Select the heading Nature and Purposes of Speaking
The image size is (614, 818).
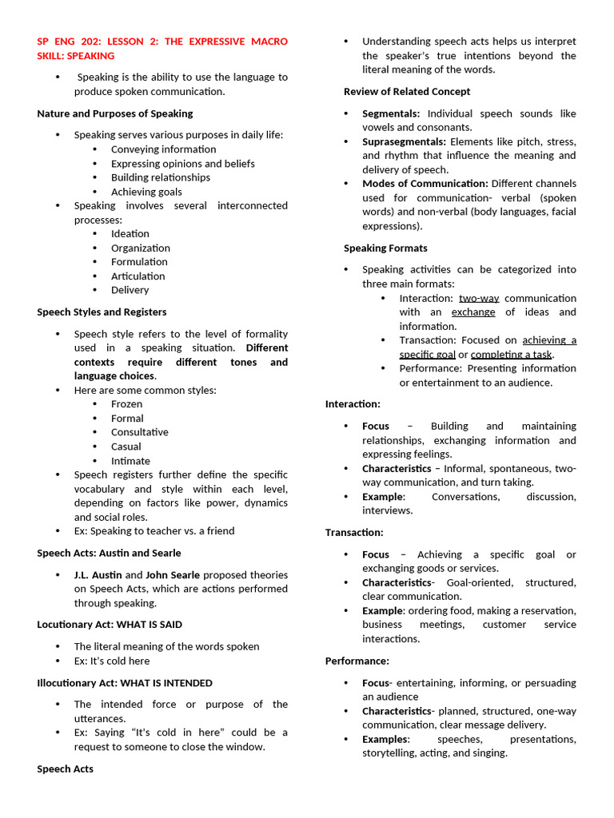114,113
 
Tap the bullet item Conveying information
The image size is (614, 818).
163,149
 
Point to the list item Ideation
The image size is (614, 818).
130,233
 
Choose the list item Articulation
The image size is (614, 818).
138,276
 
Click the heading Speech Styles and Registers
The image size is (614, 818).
102,312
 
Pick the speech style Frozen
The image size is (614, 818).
126,404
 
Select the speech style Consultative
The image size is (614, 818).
139,432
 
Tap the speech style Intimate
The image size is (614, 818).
130,461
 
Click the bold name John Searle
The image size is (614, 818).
173,575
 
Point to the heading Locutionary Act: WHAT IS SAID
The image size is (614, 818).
115,625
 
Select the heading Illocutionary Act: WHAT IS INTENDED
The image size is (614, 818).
125,683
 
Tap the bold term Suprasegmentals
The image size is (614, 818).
404,141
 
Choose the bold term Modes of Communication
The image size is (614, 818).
425,184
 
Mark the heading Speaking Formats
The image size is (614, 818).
385,248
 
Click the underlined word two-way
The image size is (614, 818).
478,298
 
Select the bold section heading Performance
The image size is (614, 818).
357,661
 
